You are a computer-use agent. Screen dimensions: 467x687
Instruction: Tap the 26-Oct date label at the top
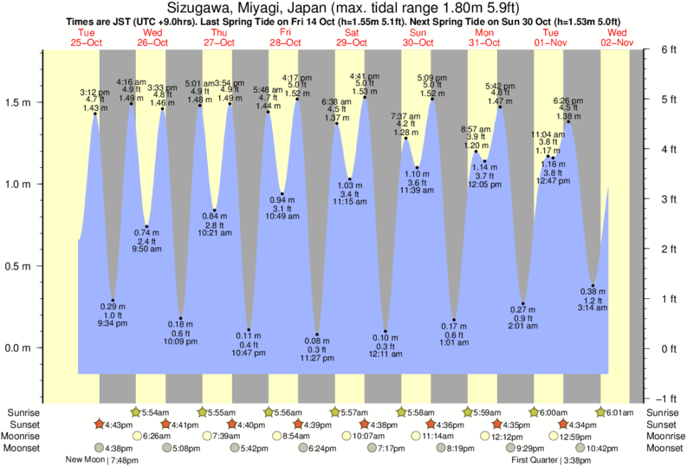pyautogui.click(x=152, y=42)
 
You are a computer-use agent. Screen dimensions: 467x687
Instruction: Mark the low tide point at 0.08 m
pyautogui.click(x=317, y=334)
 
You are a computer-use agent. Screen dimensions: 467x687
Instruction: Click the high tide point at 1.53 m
pyautogui.click(x=365, y=97)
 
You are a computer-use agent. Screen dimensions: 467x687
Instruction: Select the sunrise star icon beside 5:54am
pyautogui.click(x=135, y=412)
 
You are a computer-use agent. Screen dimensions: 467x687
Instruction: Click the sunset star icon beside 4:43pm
pyautogui.click(x=100, y=425)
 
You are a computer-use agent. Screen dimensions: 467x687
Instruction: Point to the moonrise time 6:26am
pyautogui.click(x=157, y=436)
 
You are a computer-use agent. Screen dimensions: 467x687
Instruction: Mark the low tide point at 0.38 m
pyautogui.click(x=593, y=286)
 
